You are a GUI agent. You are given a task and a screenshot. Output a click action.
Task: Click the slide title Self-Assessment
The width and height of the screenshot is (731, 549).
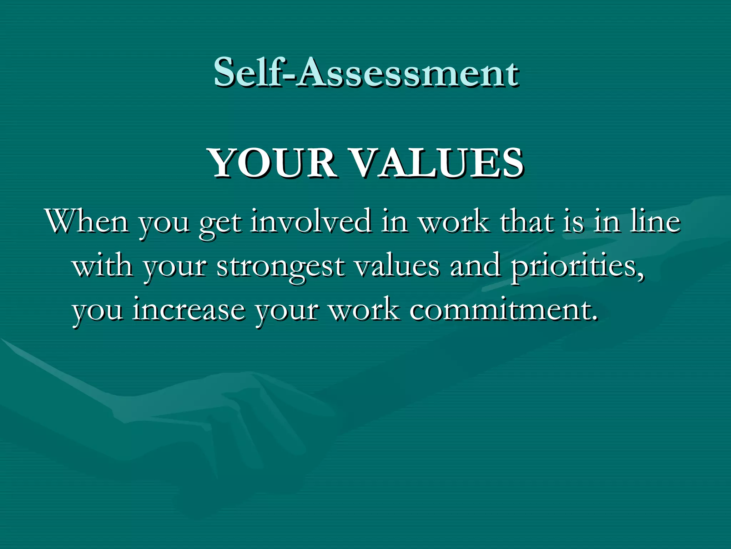[366, 73]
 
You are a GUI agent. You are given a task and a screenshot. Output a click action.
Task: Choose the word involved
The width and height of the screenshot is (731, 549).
[311, 222]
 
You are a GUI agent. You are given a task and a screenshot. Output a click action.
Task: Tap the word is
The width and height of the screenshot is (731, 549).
[573, 222]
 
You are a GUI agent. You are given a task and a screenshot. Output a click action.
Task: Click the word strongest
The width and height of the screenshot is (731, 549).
[281, 268]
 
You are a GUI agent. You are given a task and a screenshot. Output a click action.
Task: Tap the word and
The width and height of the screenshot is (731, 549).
[475, 266]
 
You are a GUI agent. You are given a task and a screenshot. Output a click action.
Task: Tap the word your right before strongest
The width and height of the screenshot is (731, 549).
[175, 268]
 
